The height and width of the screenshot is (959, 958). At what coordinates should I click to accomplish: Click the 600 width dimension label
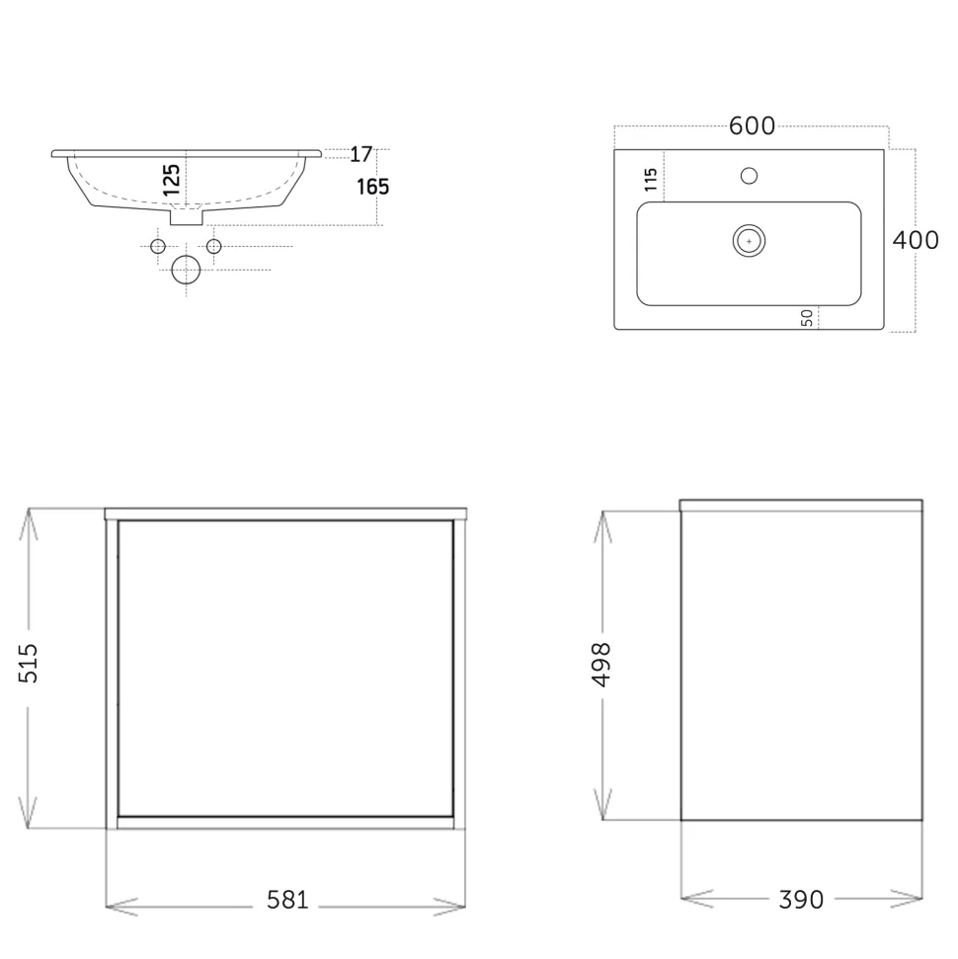752,126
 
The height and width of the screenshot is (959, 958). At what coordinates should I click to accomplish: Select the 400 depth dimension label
916,240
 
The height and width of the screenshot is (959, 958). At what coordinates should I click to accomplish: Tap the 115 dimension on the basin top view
650,179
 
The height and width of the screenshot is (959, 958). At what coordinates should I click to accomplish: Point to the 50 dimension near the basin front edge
807,317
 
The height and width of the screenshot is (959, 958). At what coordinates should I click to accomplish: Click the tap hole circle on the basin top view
749,176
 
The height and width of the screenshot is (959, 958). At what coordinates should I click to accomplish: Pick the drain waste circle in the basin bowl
749,241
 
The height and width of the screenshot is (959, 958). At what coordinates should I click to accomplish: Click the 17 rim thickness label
360,154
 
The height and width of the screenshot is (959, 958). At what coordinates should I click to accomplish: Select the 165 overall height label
372,187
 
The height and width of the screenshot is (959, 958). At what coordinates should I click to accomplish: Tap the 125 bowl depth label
172,179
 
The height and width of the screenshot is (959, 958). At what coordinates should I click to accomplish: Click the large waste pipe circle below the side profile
186,270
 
